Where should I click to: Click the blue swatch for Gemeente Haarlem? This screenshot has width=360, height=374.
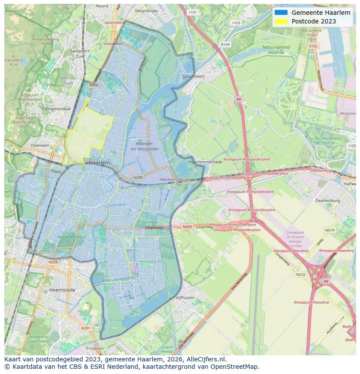click(281, 13)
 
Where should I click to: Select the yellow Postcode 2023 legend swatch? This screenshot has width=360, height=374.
click(281, 21)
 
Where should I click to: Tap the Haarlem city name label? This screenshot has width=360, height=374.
click(99, 162)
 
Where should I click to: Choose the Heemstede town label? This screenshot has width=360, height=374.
click(62, 290)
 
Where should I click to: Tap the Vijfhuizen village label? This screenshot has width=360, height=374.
click(185, 298)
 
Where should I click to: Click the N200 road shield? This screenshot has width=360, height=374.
click(138, 177)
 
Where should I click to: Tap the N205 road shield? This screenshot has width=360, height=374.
click(187, 226)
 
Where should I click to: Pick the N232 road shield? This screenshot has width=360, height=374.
click(300, 275)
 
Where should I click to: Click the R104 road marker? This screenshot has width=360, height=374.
click(225, 44)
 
